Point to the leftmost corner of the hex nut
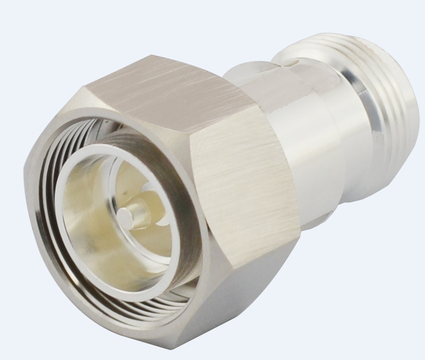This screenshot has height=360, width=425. pos(26,165)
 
